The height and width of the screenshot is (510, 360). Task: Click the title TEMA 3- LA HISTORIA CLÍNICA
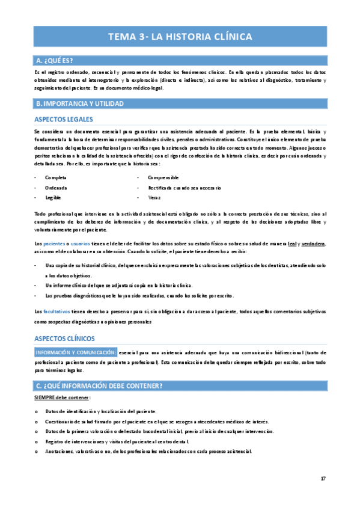pyautogui.click(x=180, y=37)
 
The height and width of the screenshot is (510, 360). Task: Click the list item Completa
pyautogui.click(x=55, y=178)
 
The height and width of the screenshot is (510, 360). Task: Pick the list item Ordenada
pyautogui.click(x=55, y=188)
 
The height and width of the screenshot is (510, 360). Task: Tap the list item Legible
pyautogui.click(x=53, y=197)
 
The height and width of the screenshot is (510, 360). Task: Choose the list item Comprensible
pyautogui.click(x=163, y=178)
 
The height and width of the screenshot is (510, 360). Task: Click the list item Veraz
pyautogui.click(x=154, y=197)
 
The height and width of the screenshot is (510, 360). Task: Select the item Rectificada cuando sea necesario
pyautogui.click(x=185, y=188)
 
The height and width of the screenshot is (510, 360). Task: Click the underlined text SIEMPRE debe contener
pyautogui.click(x=63, y=398)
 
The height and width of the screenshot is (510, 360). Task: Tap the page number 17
pyautogui.click(x=323, y=479)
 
